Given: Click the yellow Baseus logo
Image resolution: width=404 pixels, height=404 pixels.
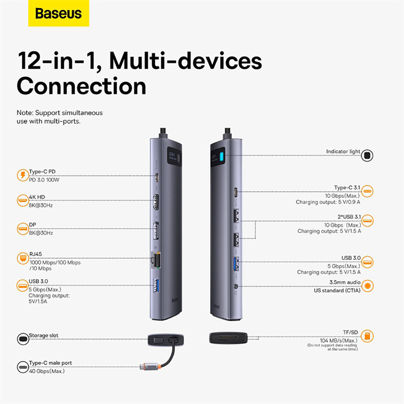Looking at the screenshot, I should [x=59, y=13].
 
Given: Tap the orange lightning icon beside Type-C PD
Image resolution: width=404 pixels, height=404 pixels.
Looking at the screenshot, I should [x=22, y=175].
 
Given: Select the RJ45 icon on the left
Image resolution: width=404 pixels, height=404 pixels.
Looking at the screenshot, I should [x=22, y=258].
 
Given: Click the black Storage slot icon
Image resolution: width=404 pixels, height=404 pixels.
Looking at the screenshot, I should [x=22, y=339].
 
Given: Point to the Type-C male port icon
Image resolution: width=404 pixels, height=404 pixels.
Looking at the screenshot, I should [x=22, y=366].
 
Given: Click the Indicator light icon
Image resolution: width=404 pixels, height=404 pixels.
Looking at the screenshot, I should [x=367, y=155].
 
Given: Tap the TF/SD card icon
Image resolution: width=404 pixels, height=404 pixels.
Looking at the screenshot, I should [x=367, y=336].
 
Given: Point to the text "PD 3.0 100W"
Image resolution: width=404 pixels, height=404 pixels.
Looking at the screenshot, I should [x=44, y=180].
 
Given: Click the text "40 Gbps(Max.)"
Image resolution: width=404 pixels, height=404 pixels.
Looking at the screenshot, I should [x=47, y=370].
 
